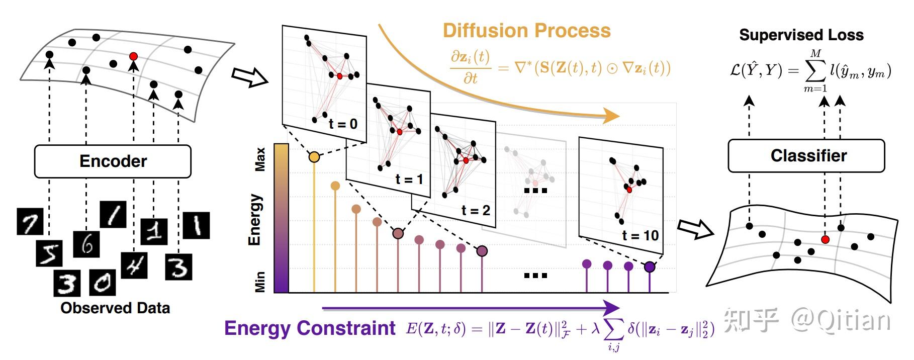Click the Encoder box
pyautogui.click(x=113, y=161)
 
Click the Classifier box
pyautogui.click(x=806, y=156)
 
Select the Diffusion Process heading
pyautogui.click(x=526, y=31)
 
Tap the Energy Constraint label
pyautogui.click(x=310, y=328)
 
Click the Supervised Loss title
pyautogui.click(x=801, y=35)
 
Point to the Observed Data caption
pyautogui.click(x=115, y=308)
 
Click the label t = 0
pyautogui.click(x=343, y=124)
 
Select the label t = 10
pyautogui.click(x=640, y=235)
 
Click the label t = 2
pyautogui.click(x=475, y=210)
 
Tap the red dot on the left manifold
pyautogui.click(x=133, y=56)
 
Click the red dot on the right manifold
pyautogui.click(x=825, y=239)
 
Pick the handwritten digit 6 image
pyautogui.click(x=86, y=244)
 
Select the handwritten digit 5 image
pyautogui.click(x=49, y=253)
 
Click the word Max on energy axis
pyautogui.click(x=260, y=159)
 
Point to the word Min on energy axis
pyautogui.click(x=260, y=282)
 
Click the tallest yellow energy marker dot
pyautogui.click(x=314, y=157)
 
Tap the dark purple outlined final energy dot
pyautogui.click(x=650, y=267)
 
